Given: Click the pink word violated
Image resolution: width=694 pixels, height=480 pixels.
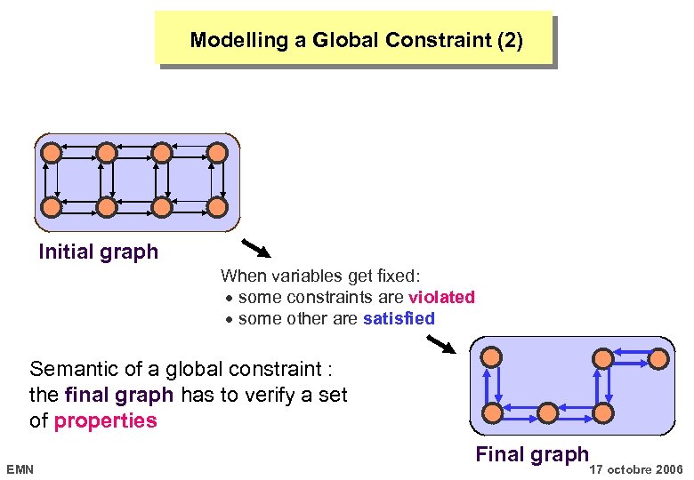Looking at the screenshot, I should [x=441, y=297].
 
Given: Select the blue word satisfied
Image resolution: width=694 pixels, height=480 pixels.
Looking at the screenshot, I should [x=399, y=318].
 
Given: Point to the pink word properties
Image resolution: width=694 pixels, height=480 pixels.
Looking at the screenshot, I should [x=105, y=420].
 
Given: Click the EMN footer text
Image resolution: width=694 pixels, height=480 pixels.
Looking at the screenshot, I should [x=20, y=468].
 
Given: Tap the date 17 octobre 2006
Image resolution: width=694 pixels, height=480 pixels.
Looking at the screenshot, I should [x=637, y=468].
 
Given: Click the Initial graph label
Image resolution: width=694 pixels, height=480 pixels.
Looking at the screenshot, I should [x=98, y=252].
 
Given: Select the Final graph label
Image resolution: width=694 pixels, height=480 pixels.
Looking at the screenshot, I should [x=532, y=454].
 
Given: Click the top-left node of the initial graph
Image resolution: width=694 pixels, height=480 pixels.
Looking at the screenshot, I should [x=52, y=153].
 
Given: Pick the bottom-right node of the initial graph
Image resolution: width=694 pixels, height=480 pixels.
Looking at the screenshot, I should [x=216, y=207].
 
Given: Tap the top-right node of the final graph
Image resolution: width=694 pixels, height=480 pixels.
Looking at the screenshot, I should [x=658, y=357].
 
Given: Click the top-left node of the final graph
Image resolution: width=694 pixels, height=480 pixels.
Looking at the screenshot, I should [x=490, y=357].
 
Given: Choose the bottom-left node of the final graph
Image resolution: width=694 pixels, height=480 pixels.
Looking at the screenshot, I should [x=490, y=412].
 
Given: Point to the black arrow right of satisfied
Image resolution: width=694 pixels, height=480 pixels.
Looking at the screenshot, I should [x=442, y=342].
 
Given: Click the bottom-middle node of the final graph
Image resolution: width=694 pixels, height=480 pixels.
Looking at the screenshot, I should [x=547, y=412].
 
